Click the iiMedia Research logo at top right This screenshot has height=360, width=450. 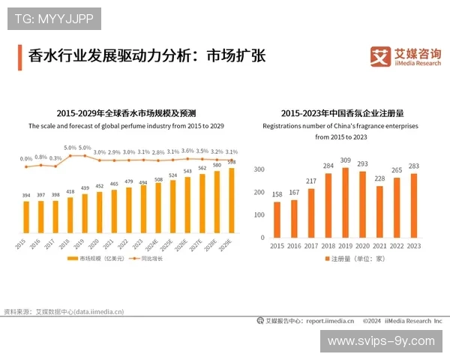pos(406,57)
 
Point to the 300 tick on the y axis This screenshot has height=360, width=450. pos(259,170)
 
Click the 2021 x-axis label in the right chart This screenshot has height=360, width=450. pos(379,246)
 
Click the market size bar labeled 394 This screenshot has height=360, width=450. pos(26,217)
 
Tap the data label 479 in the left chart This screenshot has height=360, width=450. pos(129,182)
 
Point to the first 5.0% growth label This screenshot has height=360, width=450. pos(70,148)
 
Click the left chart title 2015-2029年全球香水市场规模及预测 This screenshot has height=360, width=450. pos(124,113)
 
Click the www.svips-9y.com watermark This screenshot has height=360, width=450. pos(381,340)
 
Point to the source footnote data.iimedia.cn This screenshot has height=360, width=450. pos(98,311)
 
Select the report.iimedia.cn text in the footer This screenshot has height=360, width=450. pos(330,321)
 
